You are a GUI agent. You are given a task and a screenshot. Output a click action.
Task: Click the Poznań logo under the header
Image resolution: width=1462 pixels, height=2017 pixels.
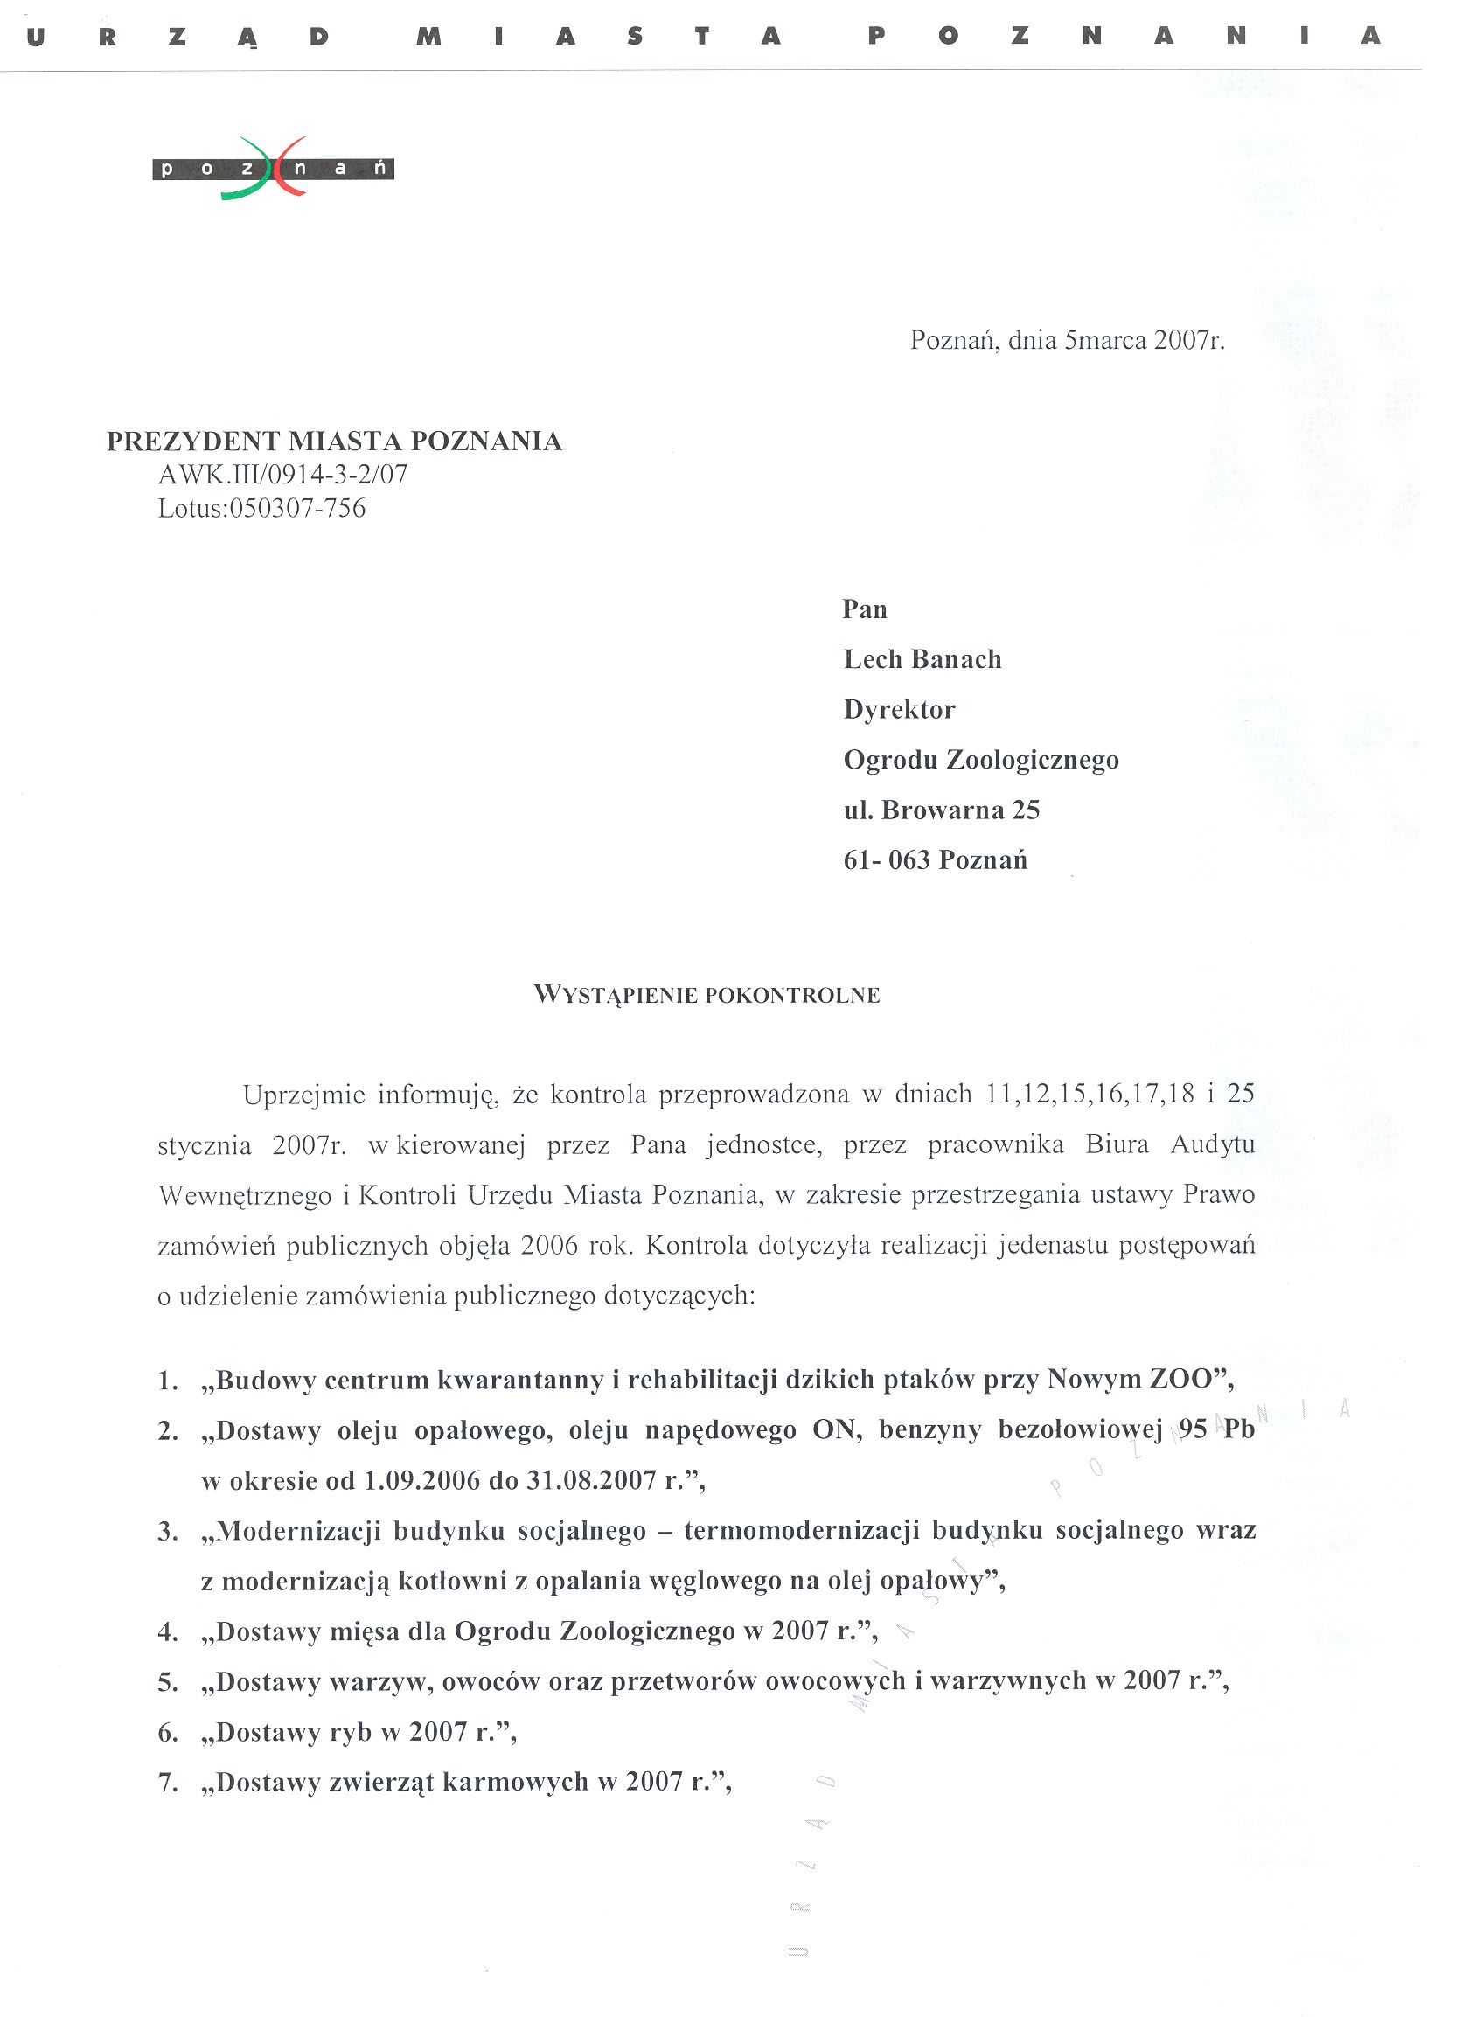(272, 168)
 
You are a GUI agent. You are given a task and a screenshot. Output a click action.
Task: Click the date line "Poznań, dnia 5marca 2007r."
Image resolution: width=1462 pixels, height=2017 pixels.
(1066, 341)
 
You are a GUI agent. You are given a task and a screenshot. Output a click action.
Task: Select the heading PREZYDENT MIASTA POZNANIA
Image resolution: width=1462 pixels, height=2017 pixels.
(334, 442)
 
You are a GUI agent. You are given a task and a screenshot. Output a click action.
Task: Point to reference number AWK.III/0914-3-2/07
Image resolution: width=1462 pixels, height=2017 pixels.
(282, 475)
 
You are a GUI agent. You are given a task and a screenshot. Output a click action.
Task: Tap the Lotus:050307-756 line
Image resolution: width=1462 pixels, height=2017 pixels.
(261, 508)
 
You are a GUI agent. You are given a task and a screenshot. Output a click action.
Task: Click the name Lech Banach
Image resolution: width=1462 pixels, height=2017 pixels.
(922, 659)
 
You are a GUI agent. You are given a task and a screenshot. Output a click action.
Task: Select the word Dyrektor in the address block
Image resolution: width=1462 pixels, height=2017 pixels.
(899, 710)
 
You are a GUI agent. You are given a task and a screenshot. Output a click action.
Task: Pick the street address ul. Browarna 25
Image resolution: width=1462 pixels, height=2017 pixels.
(941, 810)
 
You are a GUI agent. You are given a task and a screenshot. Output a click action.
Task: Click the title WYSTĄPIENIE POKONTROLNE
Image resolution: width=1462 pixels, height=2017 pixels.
(707, 995)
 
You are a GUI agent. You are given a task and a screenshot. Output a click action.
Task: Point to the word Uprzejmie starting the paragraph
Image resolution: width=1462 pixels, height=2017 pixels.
(303, 1095)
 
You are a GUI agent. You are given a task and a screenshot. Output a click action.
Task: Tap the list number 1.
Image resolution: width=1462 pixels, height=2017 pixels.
(167, 1381)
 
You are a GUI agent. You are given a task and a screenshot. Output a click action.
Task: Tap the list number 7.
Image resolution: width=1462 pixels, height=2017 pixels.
(167, 1783)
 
